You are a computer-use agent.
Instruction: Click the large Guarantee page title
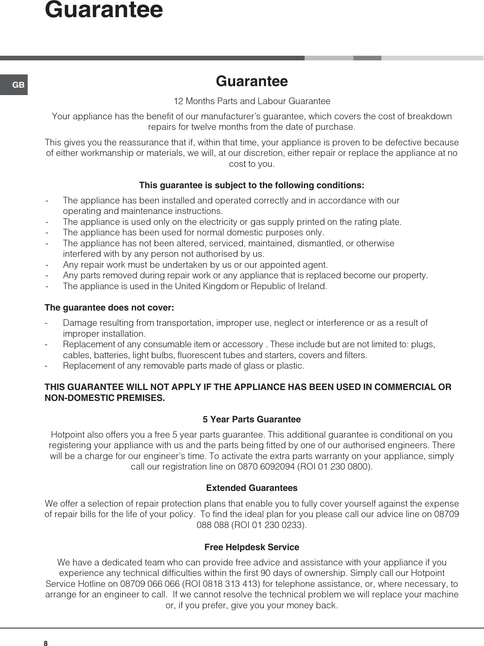coord(104,10)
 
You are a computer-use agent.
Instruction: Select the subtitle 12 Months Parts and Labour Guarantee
coord(252,101)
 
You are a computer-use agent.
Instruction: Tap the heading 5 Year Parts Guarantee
coord(252,420)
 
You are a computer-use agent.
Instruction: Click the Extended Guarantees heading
coord(252,488)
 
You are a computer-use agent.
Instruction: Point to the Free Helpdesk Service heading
coord(252,547)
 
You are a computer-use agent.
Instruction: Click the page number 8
coord(46,644)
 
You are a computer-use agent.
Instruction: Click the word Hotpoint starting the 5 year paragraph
coord(67,435)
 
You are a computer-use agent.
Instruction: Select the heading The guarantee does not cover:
coord(110,308)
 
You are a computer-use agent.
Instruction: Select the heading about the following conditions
coord(252,185)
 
